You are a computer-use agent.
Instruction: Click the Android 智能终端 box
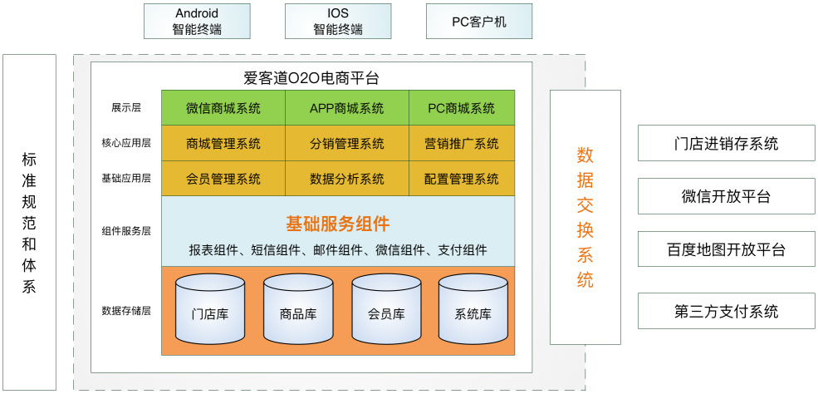click(198, 21)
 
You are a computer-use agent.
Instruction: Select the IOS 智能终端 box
click(338, 21)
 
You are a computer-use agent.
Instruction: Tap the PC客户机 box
click(478, 22)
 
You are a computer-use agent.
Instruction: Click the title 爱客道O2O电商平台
click(311, 79)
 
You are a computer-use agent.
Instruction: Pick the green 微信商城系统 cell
click(223, 108)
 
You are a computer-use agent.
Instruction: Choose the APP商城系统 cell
click(347, 108)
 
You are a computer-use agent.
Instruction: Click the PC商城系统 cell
click(462, 108)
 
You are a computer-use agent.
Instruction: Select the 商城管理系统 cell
click(223, 144)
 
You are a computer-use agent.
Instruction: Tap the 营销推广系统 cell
click(462, 144)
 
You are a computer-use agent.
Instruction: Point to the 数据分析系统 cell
click(347, 179)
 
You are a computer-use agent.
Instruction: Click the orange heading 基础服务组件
click(338, 224)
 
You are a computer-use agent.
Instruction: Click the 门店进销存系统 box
click(726, 143)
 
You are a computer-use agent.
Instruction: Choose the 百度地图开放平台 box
click(726, 249)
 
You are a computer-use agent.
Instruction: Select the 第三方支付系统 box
click(726, 312)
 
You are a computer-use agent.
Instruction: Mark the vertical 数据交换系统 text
click(585, 217)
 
